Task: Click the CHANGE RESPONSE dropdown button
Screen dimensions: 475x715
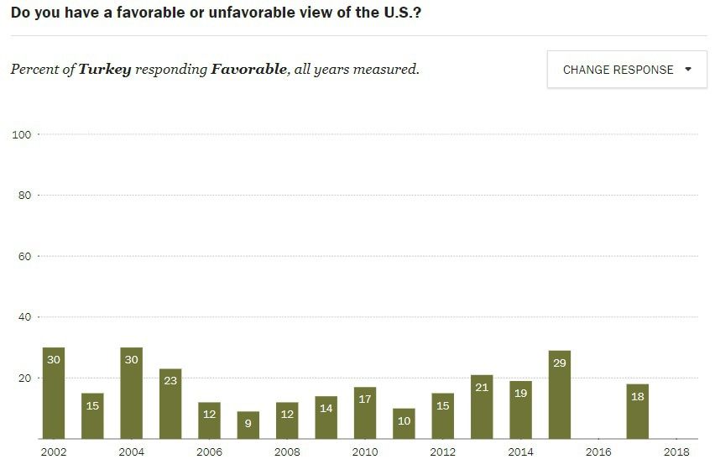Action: (627, 70)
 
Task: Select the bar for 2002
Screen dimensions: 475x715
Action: (54, 393)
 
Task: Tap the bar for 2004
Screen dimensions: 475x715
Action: (131, 393)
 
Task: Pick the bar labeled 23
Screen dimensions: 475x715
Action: (170, 404)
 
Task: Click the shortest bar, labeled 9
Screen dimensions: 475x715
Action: (248, 425)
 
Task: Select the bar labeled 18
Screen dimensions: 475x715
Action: (637, 411)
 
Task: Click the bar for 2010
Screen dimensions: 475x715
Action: (365, 413)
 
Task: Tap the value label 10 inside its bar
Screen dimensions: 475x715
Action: (404, 421)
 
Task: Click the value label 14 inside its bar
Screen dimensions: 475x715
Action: (326, 409)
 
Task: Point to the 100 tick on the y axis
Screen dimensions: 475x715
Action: (21, 134)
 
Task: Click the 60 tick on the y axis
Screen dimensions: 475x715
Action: (23, 256)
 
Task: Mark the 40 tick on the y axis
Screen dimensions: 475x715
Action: (23, 317)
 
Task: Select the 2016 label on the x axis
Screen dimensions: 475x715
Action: (598, 452)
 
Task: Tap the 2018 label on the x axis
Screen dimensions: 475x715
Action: (676, 452)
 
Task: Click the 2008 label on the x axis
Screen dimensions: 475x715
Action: (287, 452)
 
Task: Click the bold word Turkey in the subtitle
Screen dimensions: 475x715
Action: (105, 70)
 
